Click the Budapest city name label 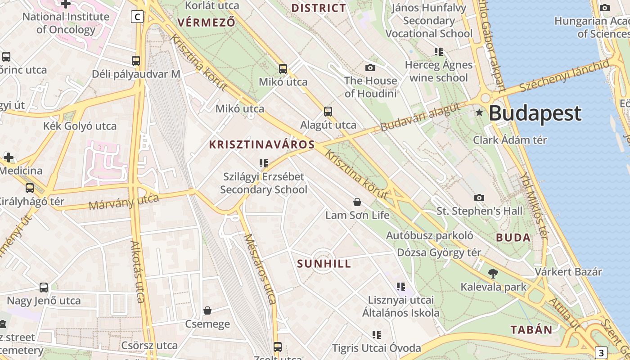tap(535, 113)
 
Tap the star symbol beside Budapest tap(479, 112)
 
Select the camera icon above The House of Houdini tap(370, 67)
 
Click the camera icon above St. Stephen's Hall tap(479, 198)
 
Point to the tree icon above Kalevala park tap(493, 273)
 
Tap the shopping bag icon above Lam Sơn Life tap(357, 202)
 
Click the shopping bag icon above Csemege tap(207, 310)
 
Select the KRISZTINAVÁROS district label tap(262, 144)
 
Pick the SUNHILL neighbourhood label tap(324, 264)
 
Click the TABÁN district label tap(531, 330)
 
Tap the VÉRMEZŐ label tap(207, 22)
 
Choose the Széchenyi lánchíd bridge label tap(565, 76)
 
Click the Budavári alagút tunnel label tap(421, 117)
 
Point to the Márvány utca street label tap(124, 202)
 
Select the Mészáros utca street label tap(260, 269)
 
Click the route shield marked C tap(137, 17)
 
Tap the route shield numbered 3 tap(601, 352)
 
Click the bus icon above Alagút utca tap(328, 111)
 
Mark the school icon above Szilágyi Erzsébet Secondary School tap(264, 163)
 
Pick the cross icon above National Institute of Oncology tap(66, 4)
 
